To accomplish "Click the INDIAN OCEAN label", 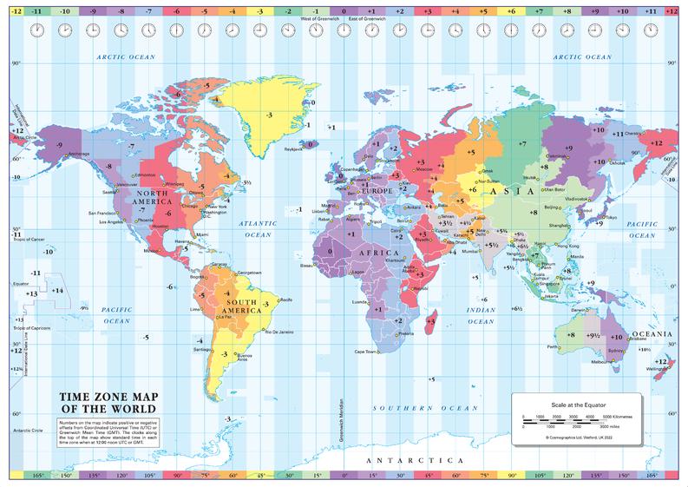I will [482, 315].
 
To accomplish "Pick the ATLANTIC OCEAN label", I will [257, 228].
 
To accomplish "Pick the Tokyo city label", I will [610, 217].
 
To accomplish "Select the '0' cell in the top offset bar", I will [344, 12].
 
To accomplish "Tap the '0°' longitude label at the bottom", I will [344, 476].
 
